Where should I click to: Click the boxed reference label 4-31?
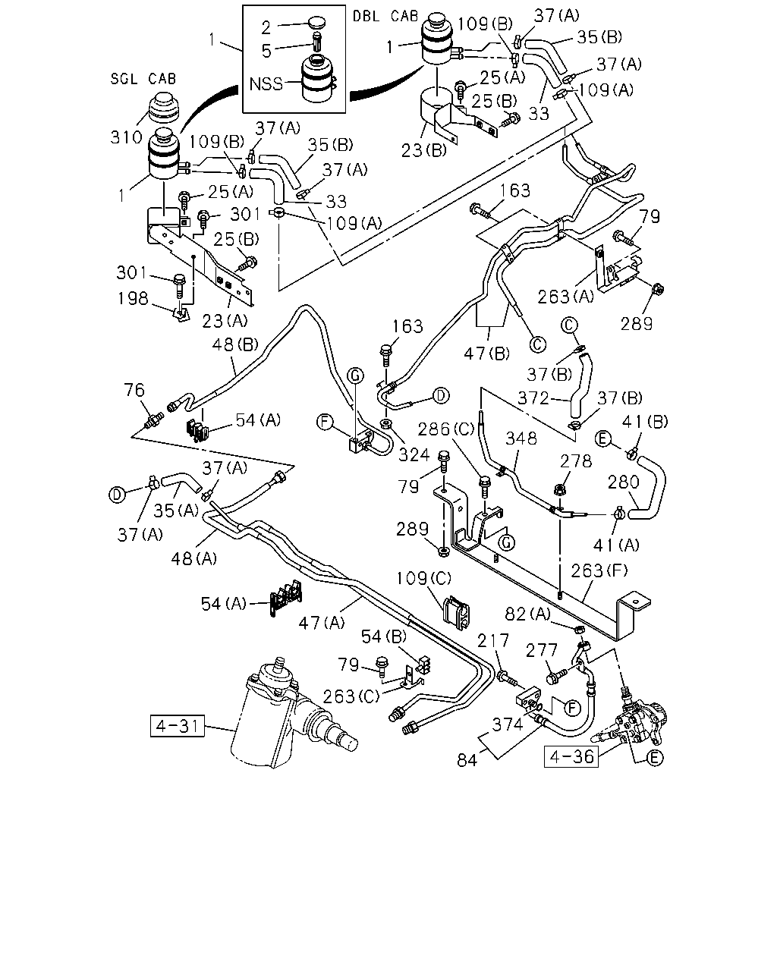click(x=177, y=726)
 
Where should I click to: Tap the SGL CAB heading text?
click(x=143, y=79)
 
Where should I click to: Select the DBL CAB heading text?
click(x=385, y=16)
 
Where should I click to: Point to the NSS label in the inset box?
click(x=266, y=84)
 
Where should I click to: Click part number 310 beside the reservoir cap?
click(x=127, y=137)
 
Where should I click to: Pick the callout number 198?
click(x=133, y=298)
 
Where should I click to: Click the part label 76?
click(x=134, y=390)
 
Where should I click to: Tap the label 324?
click(x=414, y=455)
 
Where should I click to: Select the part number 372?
click(x=533, y=398)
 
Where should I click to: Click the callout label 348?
click(x=521, y=438)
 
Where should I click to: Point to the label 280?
click(x=623, y=482)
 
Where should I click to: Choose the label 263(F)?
click(x=599, y=571)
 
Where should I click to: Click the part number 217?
click(x=493, y=640)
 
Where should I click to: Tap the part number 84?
click(x=467, y=761)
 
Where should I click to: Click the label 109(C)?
click(x=423, y=579)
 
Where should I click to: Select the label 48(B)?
click(x=235, y=344)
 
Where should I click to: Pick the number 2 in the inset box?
click(x=266, y=28)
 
